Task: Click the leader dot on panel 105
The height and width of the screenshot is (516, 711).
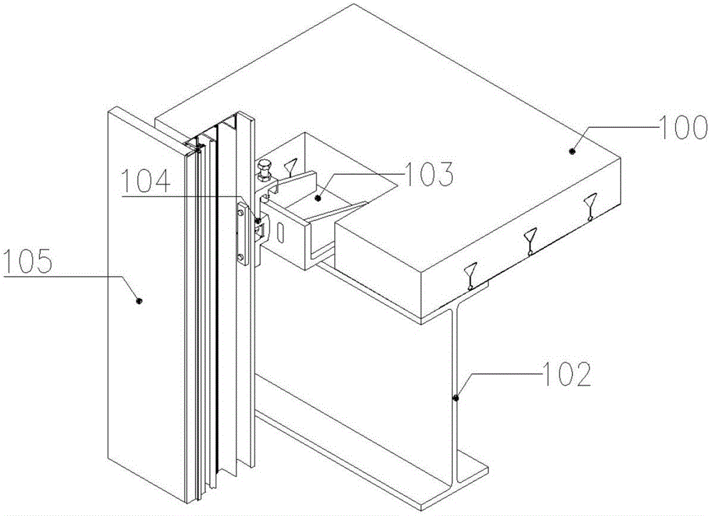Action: click(x=139, y=301)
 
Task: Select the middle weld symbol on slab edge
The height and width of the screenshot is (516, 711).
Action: click(x=530, y=240)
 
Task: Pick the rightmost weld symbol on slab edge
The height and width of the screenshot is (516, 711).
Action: click(x=590, y=207)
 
